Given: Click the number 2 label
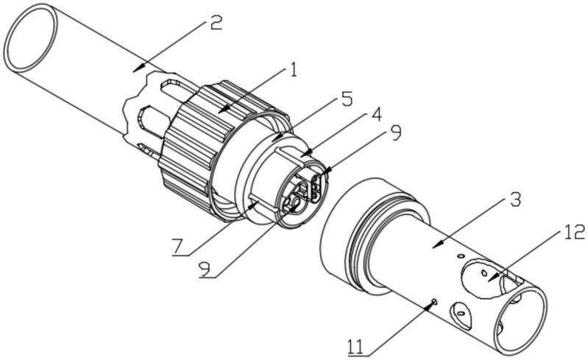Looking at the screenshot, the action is tap(216, 24).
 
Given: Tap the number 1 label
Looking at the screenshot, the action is tap(294, 70).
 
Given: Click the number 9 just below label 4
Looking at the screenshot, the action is tap(394, 133).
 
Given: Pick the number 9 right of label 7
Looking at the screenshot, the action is tap(205, 269).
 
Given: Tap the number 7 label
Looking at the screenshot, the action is tap(180, 247).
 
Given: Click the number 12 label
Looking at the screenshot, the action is tap(573, 232).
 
